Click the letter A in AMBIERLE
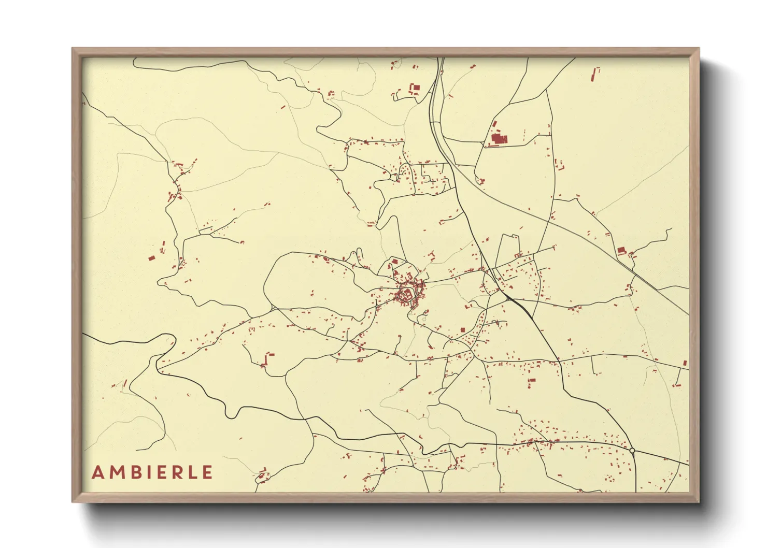pyautogui.click(x=97, y=472)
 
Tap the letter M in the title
pyautogui.click(x=117, y=472)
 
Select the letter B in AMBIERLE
pyautogui.click(x=135, y=472)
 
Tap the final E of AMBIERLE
pyautogui.click(x=207, y=472)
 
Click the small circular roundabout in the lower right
pyautogui.click(x=632, y=451)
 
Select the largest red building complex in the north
pyautogui.click(x=499, y=139)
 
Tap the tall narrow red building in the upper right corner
pyautogui.click(x=594, y=75)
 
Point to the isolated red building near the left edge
pyautogui.click(x=152, y=257)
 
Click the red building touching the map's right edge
pyautogui.click(x=685, y=363)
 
